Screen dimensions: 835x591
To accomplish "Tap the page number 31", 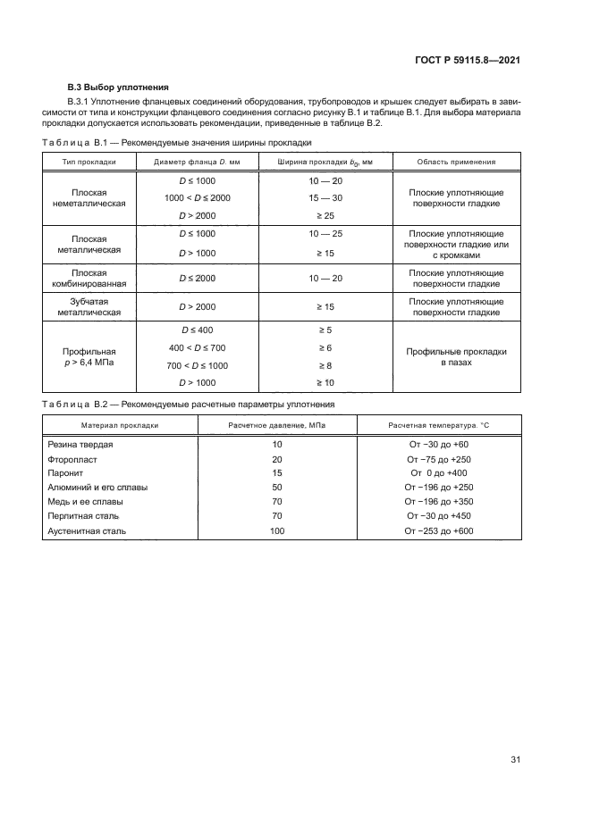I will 515,760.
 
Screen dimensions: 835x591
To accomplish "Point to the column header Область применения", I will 456,162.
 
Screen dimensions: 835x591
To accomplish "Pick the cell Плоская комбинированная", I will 89,279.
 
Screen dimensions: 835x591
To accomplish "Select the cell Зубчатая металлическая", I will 89,307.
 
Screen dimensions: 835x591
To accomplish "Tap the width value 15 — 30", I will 325,197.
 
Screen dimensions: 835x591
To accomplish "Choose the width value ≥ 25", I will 325,215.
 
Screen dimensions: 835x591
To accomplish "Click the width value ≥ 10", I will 325,383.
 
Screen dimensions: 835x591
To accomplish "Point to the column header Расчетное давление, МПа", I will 276,425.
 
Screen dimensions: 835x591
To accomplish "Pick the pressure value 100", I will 276,530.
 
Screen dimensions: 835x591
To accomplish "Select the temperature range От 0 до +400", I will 438,473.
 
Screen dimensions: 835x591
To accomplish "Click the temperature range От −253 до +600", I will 438,530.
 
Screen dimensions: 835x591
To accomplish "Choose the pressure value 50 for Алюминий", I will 276,488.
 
